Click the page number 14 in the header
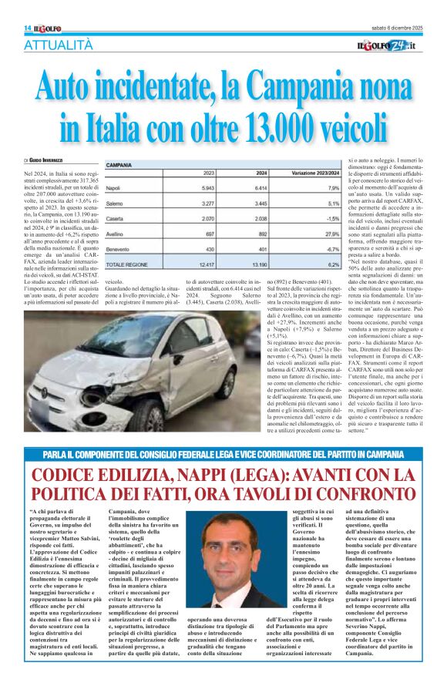click(28, 28)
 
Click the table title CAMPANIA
click(119, 165)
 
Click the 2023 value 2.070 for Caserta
click(203, 219)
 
